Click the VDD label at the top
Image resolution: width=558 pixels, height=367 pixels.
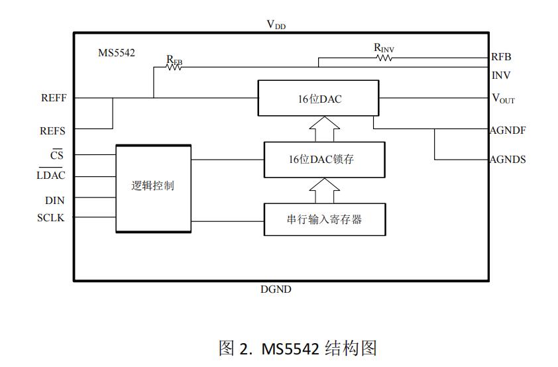pyautogui.click(x=276, y=25)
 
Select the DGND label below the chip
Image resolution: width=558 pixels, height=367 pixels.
pyautogui.click(x=276, y=289)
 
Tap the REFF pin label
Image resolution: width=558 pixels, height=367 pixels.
pyautogui.click(x=54, y=98)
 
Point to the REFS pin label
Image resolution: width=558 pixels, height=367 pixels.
pyautogui.click(x=53, y=131)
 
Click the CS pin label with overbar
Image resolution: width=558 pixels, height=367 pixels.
pyautogui.click(x=57, y=156)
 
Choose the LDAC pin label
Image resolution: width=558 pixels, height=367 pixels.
pyautogui.click(x=51, y=176)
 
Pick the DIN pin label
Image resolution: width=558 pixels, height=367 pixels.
pyautogui.click(x=55, y=199)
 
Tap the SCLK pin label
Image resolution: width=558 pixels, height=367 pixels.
pyautogui.click(x=51, y=217)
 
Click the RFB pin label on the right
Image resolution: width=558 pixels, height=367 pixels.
pyautogui.click(x=501, y=58)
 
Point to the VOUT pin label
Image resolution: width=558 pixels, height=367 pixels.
pyautogui.click(x=503, y=99)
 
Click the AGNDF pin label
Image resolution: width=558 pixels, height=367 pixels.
pyautogui.click(x=508, y=131)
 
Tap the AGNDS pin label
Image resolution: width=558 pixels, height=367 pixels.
pyautogui.click(x=508, y=160)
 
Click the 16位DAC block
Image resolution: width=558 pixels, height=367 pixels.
pyautogui.click(x=318, y=99)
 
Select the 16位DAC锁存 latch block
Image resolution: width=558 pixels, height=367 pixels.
pyautogui.click(x=324, y=160)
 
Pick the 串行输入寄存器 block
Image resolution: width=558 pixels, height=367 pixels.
pyautogui.click(x=324, y=219)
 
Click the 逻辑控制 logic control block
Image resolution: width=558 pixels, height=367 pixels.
pyautogui.click(x=153, y=185)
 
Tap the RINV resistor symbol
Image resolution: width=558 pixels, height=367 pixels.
pyautogui.click(x=384, y=58)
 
